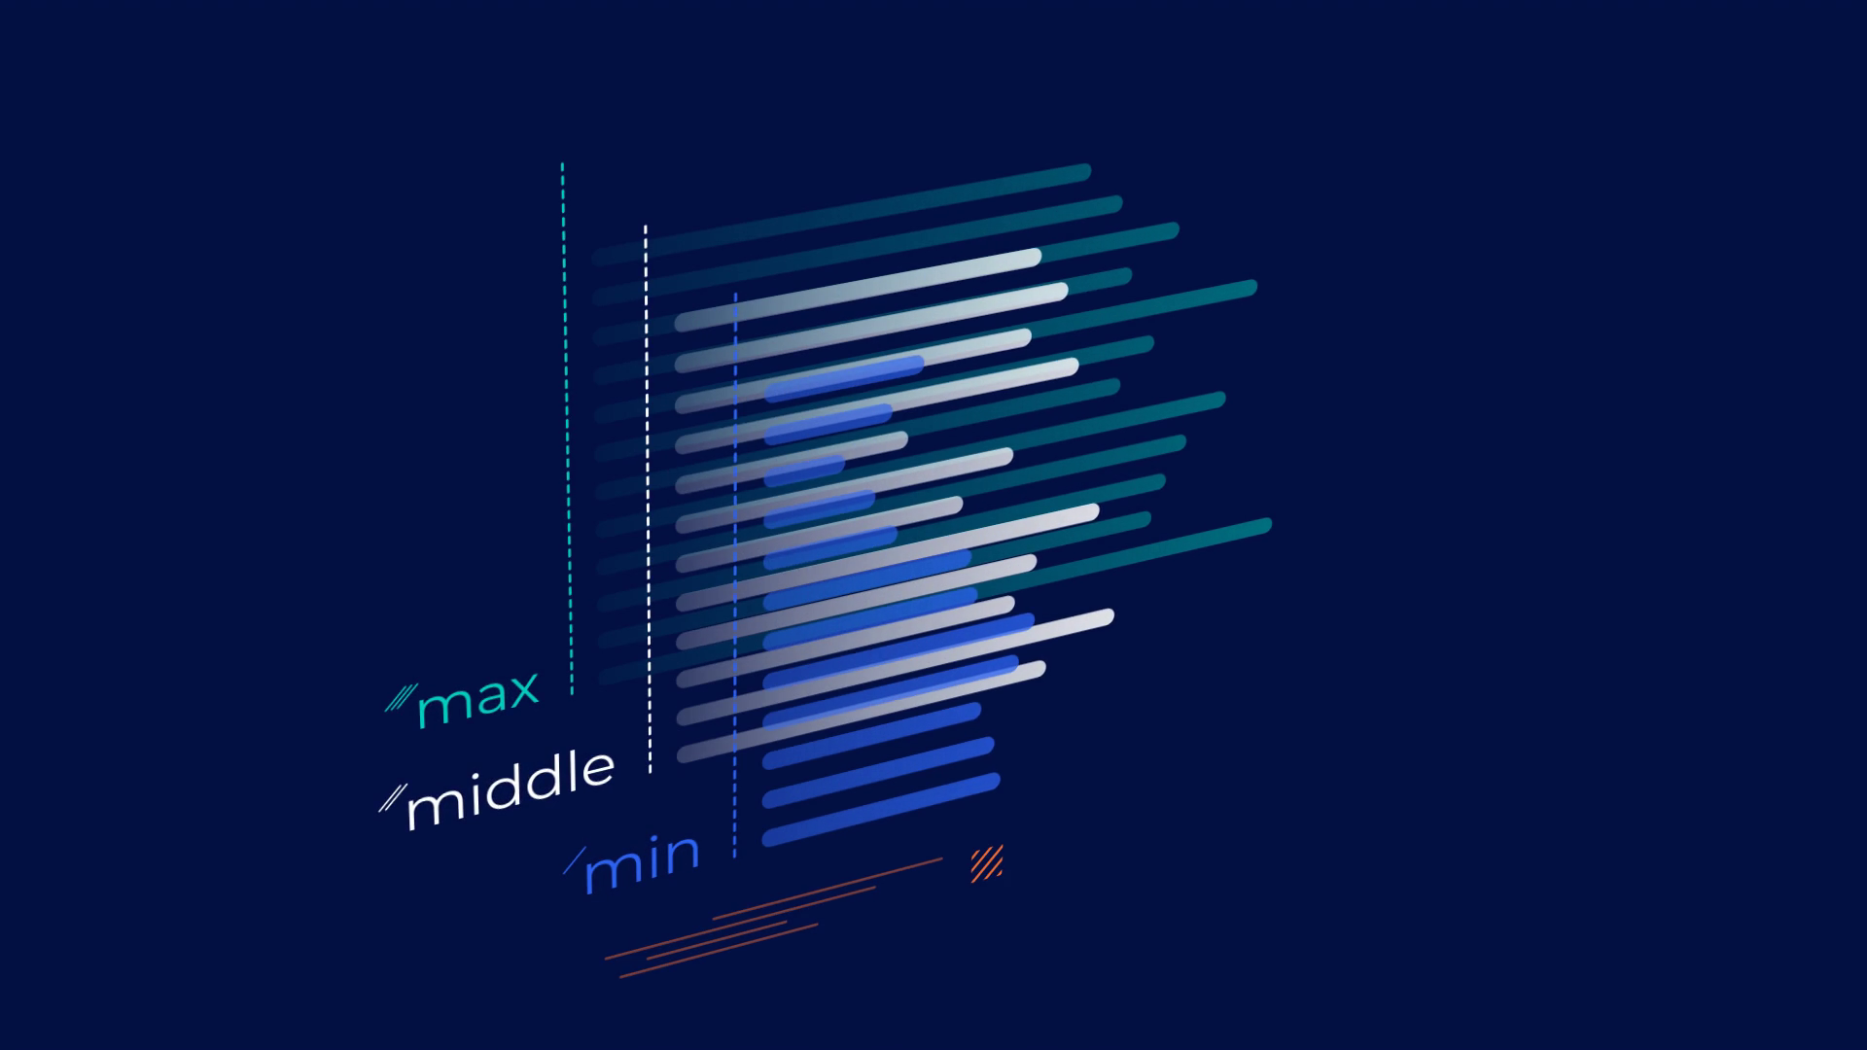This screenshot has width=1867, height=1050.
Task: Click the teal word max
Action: click(x=478, y=698)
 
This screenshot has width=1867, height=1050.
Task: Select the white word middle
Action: click(x=511, y=789)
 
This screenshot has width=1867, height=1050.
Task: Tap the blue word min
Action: click(x=642, y=863)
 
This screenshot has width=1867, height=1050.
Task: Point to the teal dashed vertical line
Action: click(x=567, y=428)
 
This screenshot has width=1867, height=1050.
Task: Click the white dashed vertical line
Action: click(x=648, y=499)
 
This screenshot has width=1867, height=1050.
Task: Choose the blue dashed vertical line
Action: click(x=735, y=575)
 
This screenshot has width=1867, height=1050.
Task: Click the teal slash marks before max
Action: click(x=401, y=698)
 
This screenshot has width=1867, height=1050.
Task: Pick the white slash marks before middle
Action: click(x=392, y=798)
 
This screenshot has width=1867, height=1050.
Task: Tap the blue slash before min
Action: click(x=575, y=860)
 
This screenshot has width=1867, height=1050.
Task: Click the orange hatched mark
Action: click(x=986, y=863)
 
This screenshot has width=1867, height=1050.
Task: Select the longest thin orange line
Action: click(x=828, y=889)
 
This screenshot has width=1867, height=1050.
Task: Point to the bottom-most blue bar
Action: click(x=881, y=810)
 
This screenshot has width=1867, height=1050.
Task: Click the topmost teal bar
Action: click(x=841, y=215)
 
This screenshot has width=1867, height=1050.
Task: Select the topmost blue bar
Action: click(x=844, y=379)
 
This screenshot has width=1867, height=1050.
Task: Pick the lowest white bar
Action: click(x=861, y=712)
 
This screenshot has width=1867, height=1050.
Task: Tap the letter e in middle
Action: click(x=598, y=770)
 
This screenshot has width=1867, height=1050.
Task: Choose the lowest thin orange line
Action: click(x=719, y=951)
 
